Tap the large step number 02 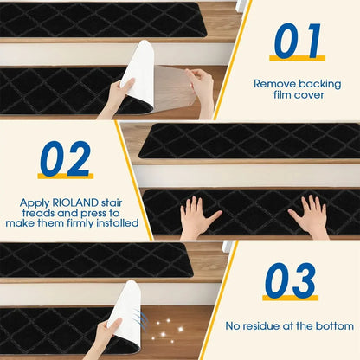point(65,158)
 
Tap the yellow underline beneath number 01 point(297,59)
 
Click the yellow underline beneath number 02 point(65,177)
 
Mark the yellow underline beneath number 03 point(290,299)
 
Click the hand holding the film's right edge point(202,87)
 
